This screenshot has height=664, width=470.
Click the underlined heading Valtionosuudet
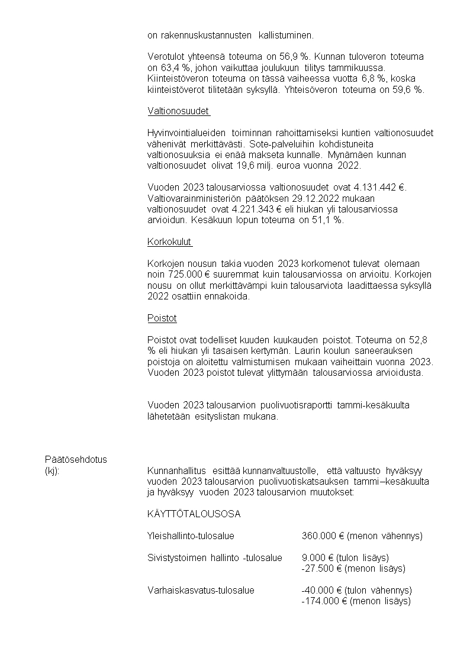click(x=178, y=111)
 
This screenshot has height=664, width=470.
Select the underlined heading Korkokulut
click(x=169, y=241)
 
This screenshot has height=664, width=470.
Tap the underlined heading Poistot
click(x=162, y=318)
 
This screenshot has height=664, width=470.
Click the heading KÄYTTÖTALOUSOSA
click(x=194, y=514)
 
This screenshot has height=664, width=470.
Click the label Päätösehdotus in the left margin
click(x=76, y=460)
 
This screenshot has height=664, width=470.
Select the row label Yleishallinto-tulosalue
click(x=191, y=536)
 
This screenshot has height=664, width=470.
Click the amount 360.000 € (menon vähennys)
click(x=362, y=536)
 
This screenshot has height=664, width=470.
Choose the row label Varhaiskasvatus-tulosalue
click(x=201, y=591)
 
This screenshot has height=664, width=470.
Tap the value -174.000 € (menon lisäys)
click(x=356, y=601)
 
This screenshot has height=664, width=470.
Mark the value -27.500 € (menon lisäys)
click(x=353, y=569)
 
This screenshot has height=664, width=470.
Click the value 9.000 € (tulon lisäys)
click(x=345, y=557)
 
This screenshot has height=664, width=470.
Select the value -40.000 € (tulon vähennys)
click(x=357, y=591)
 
